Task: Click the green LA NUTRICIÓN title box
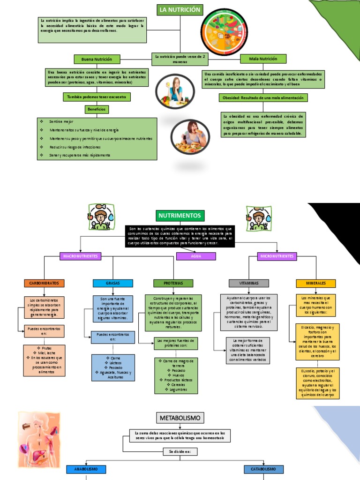point(180,10)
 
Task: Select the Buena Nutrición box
point(97,59)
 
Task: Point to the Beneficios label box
point(97,109)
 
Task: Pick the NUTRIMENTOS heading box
point(180,216)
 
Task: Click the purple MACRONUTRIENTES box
point(81,256)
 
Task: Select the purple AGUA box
point(196,256)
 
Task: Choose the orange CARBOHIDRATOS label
point(44,283)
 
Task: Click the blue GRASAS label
point(113,283)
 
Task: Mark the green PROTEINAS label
point(173,283)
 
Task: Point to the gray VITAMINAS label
point(249,283)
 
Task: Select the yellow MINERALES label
point(316,283)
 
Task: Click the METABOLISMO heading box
point(180,417)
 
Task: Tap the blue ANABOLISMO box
point(87,469)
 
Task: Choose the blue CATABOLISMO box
point(263,469)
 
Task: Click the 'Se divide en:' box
point(180,451)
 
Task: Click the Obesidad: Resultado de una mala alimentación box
point(263,97)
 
